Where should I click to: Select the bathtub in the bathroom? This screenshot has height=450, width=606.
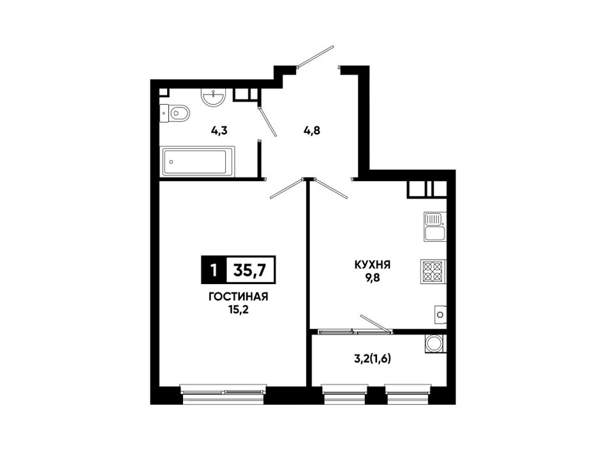click(198, 161)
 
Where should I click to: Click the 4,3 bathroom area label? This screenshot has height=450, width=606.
click(219, 131)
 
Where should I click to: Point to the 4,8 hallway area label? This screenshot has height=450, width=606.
click(311, 131)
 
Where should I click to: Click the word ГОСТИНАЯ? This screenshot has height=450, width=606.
click(238, 297)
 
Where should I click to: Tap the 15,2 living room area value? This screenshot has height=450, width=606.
click(238, 310)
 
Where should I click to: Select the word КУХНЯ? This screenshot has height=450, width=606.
click(372, 265)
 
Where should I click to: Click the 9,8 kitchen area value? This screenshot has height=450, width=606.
click(373, 278)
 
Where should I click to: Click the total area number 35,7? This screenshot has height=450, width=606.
click(249, 269)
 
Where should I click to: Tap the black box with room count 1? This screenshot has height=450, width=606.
click(213, 269)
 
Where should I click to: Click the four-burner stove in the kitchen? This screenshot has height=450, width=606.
click(433, 272)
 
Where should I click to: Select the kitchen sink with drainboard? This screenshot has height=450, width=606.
click(435, 227)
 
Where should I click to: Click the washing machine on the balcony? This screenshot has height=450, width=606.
click(435, 343)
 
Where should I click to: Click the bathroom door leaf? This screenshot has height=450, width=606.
click(267, 120)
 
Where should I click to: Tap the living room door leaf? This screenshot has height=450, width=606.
click(286, 188)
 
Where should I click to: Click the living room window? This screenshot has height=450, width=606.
click(223, 394)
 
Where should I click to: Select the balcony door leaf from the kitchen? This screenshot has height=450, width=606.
click(375, 324)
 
